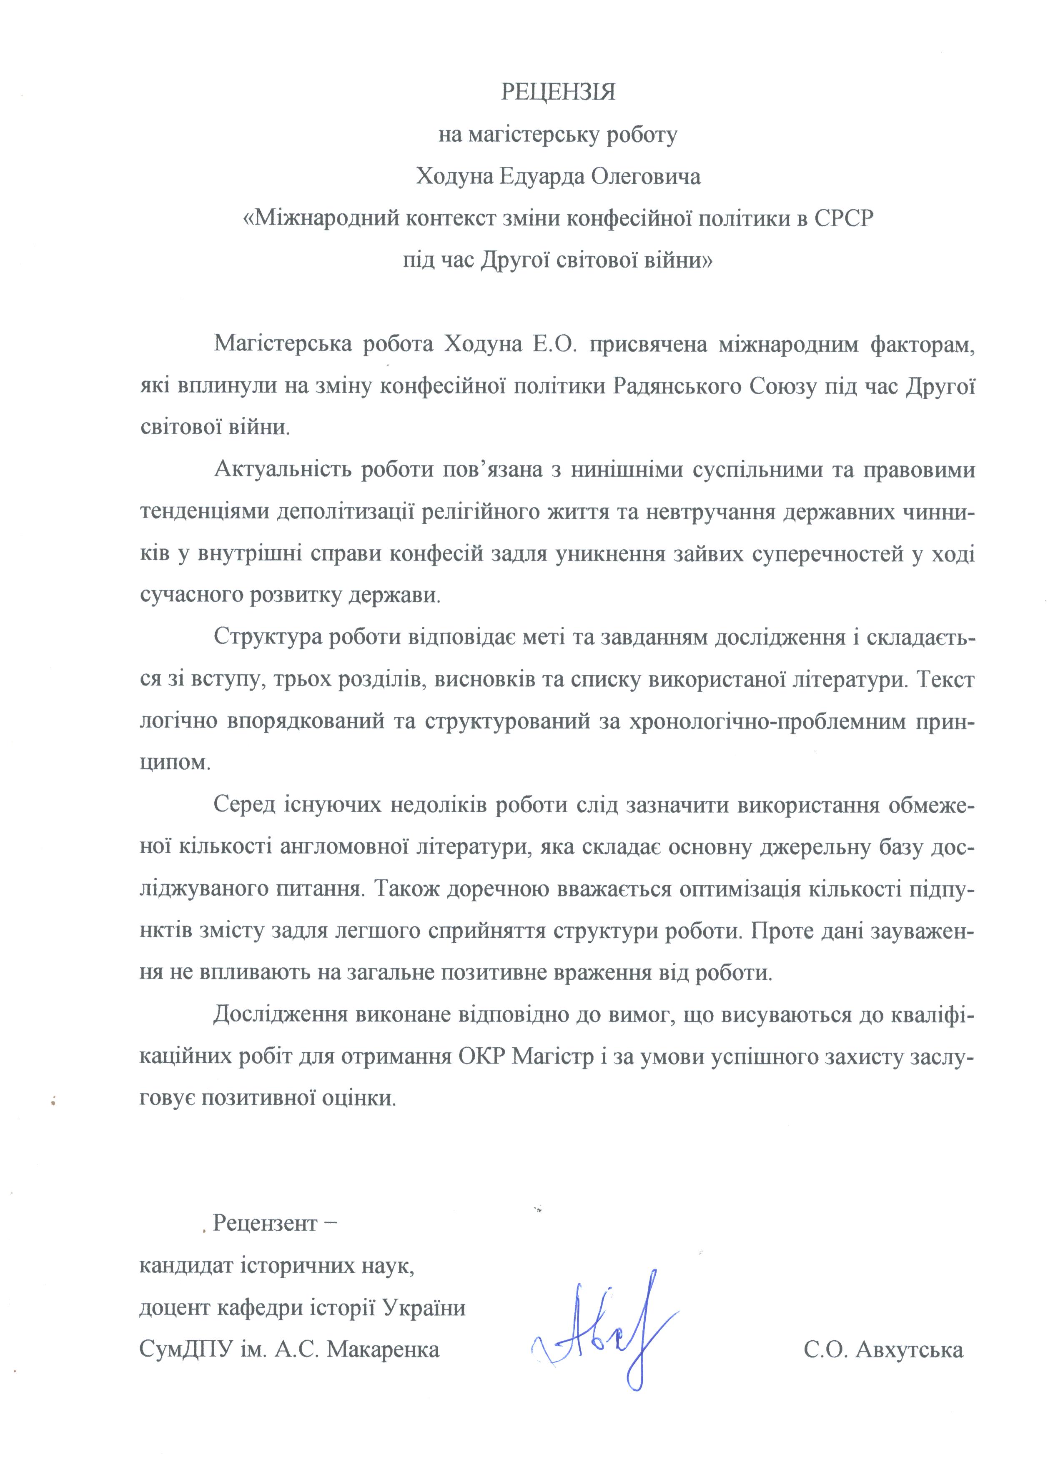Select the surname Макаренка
pos(383,1349)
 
